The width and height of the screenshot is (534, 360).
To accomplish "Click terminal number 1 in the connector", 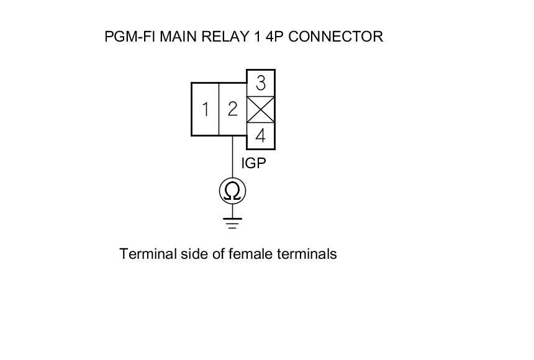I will (x=205, y=109).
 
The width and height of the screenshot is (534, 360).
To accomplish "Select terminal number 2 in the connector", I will (x=232, y=109).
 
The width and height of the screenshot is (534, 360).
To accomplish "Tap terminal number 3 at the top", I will (x=261, y=83).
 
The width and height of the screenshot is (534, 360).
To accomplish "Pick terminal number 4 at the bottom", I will (x=261, y=135).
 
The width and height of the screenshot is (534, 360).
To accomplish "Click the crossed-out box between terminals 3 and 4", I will (x=261, y=109).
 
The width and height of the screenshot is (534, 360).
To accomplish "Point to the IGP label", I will (x=253, y=164).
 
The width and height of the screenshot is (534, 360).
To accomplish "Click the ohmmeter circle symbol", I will (x=233, y=191).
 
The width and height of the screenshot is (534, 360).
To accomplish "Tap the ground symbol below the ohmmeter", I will (x=233, y=222).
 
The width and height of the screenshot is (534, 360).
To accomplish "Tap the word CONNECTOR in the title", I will (x=336, y=37).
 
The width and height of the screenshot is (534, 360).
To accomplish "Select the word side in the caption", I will (x=184, y=254).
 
